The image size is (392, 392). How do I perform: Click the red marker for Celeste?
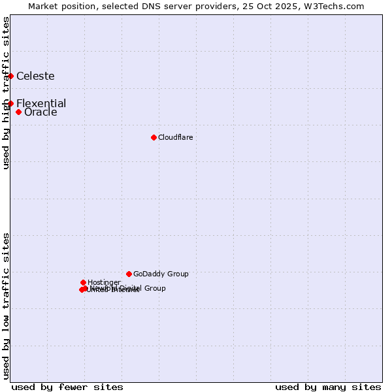click(x=11, y=76)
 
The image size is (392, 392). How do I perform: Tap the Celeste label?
click(x=35, y=76)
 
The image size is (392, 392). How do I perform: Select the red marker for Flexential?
click(x=11, y=103)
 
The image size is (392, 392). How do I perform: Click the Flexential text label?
click(x=41, y=103)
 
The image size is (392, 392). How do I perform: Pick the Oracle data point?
click(x=18, y=112)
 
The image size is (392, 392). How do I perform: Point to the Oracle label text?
click(x=41, y=112)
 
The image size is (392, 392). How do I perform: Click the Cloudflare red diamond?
click(x=154, y=137)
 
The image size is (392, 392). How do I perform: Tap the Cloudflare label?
click(x=175, y=137)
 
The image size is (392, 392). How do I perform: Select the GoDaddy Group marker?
click(x=129, y=274)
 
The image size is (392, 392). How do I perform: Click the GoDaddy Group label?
click(x=161, y=274)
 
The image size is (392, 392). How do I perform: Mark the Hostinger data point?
click(x=83, y=282)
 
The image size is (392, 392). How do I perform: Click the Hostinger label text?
click(x=104, y=282)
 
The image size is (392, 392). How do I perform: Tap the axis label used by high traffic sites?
click(x=7, y=93)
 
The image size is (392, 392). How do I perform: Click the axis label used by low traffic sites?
click(x=7, y=306)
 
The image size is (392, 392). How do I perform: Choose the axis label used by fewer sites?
click(x=67, y=387)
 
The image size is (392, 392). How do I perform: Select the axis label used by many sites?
click(x=328, y=387)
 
